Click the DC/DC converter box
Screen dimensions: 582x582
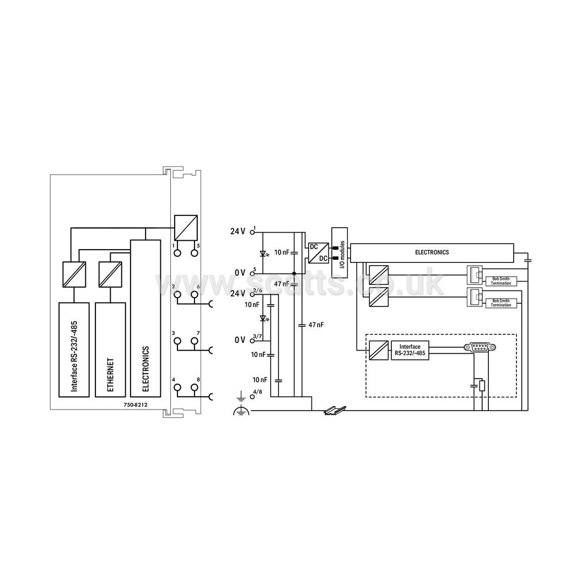[x=318, y=253]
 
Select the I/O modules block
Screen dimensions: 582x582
[x=339, y=253]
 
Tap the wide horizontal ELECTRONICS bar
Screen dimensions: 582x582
[x=432, y=253]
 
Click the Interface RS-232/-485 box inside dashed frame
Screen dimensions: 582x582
[x=410, y=351]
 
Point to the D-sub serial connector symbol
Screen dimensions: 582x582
[x=480, y=347]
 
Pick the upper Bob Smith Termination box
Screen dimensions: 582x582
[x=501, y=281]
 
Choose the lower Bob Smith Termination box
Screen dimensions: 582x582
[x=501, y=303]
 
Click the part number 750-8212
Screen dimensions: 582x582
[x=136, y=405]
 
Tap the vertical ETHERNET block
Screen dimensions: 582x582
[x=110, y=349]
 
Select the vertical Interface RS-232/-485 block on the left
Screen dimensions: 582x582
[x=74, y=349]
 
